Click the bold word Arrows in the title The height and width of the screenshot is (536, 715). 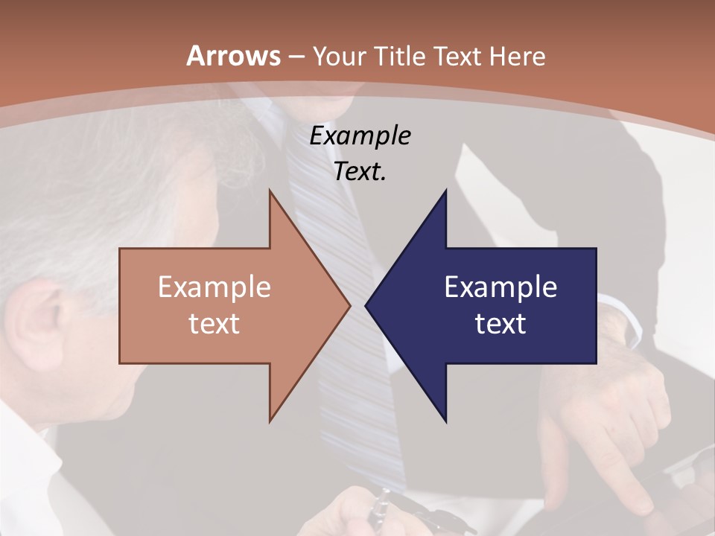coord(233,56)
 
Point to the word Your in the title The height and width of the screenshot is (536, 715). coord(340,56)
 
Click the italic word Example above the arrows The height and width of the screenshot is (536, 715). coord(360,137)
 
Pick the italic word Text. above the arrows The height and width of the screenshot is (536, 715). coord(360,172)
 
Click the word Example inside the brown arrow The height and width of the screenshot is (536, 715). coord(214,287)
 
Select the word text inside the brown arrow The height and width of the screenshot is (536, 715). coord(214,324)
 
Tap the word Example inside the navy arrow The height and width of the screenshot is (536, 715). coord(500,287)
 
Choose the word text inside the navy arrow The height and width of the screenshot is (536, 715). coord(500,324)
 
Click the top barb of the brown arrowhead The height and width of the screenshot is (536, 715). coord(271,195)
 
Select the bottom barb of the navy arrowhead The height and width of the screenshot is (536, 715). coord(445,417)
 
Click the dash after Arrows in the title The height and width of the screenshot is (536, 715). coord(296,57)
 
